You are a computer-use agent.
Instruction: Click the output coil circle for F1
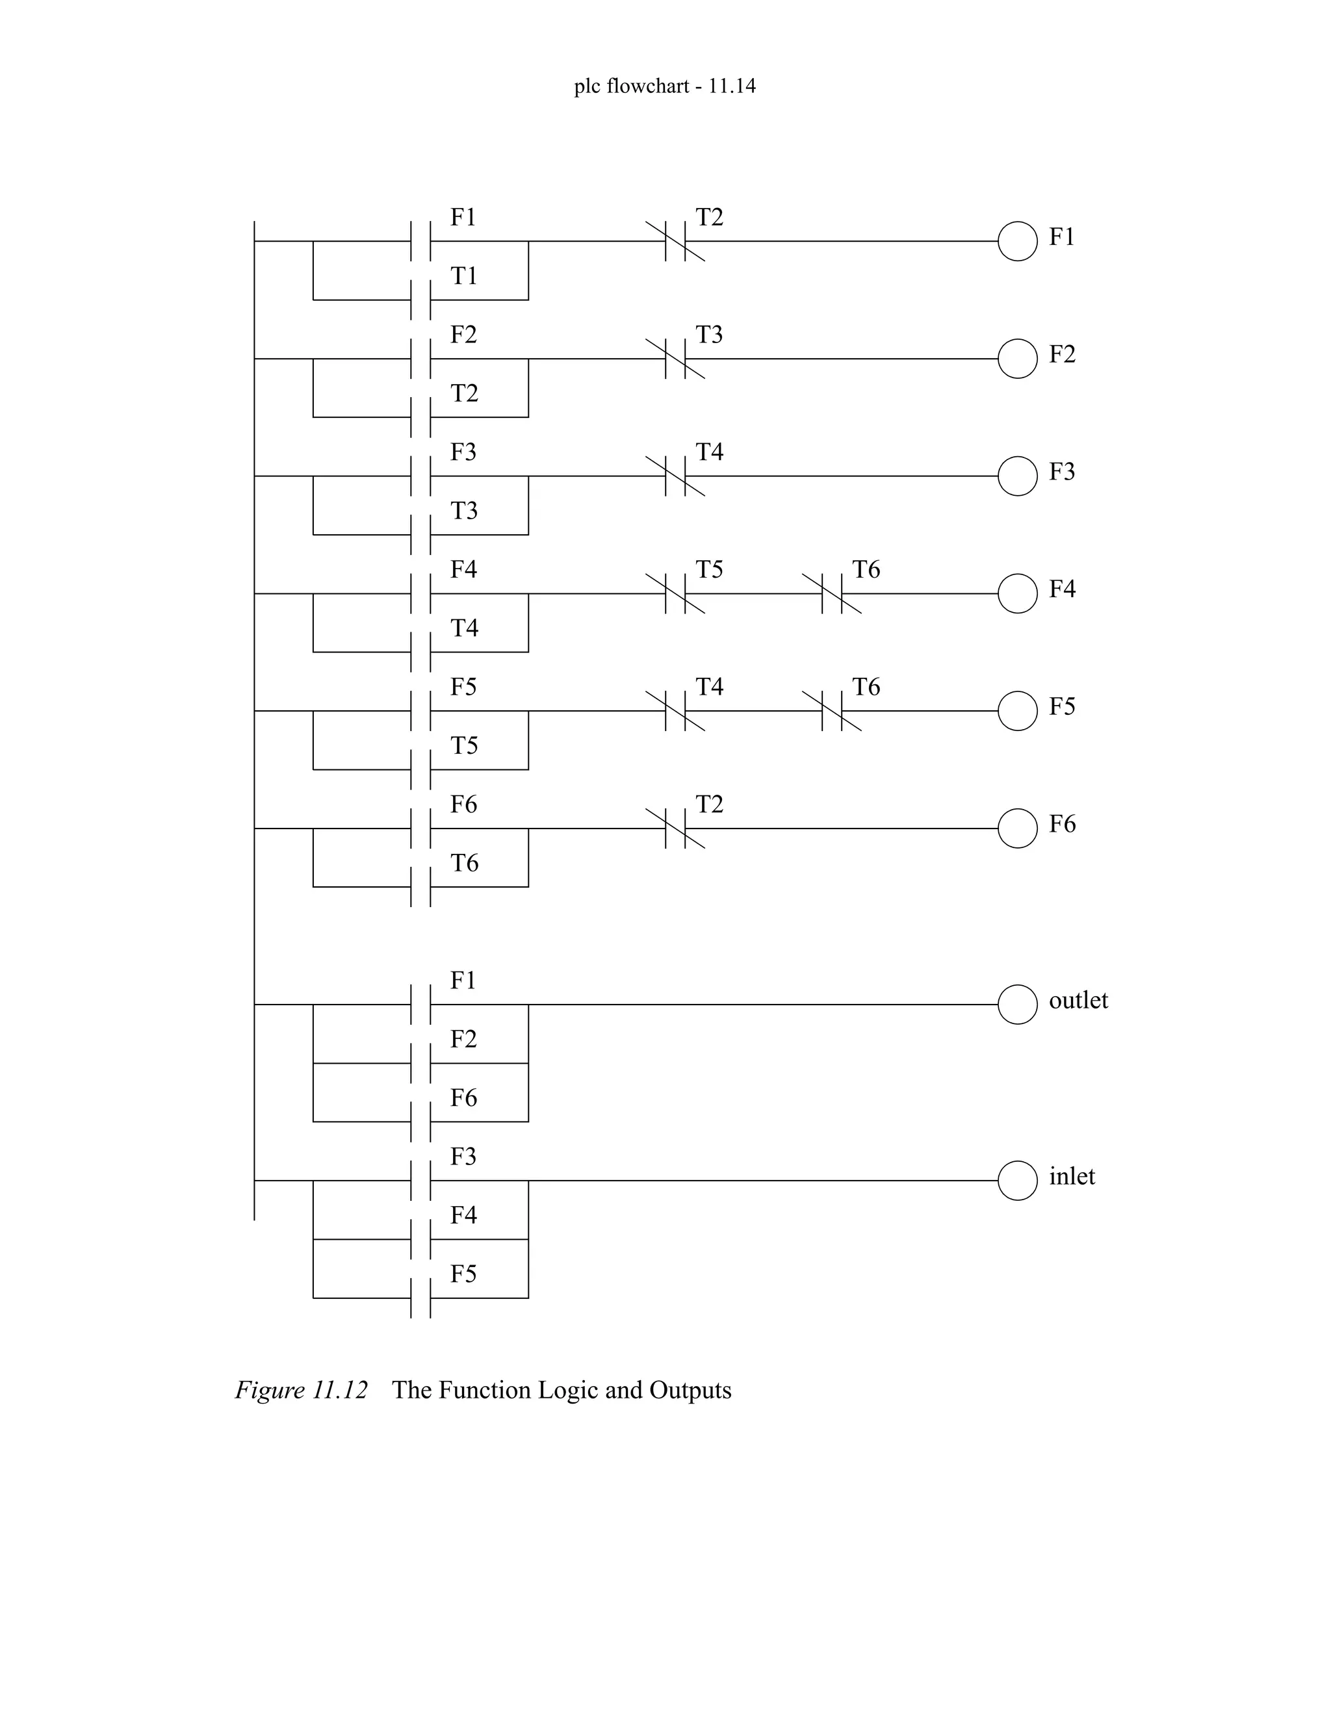coord(1017,241)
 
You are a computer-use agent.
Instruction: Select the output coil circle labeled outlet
coord(1017,1005)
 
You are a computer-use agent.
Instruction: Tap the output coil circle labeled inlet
coord(1017,1180)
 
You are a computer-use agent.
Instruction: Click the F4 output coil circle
coord(1017,594)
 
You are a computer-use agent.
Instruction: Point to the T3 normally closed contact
coord(676,359)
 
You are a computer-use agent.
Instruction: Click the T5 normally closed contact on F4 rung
coord(676,594)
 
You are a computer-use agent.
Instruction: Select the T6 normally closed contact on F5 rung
coord(832,710)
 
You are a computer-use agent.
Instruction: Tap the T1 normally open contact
coord(420,300)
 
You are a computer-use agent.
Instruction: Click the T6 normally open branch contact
coord(420,886)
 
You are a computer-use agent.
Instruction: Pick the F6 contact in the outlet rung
coord(420,1121)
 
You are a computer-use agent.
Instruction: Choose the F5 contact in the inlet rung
coord(420,1298)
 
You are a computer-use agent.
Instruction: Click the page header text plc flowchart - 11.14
coord(665,86)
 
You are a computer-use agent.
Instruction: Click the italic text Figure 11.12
coord(301,1390)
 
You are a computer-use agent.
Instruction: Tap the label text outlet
coord(1078,1001)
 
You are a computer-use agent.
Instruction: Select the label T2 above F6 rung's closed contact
coord(709,804)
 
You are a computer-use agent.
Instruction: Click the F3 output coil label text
coord(1061,472)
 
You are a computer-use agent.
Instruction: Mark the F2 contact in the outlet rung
coord(420,1063)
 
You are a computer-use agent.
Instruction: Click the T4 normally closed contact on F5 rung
coord(676,710)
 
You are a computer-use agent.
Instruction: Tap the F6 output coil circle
coord(1017,828)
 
